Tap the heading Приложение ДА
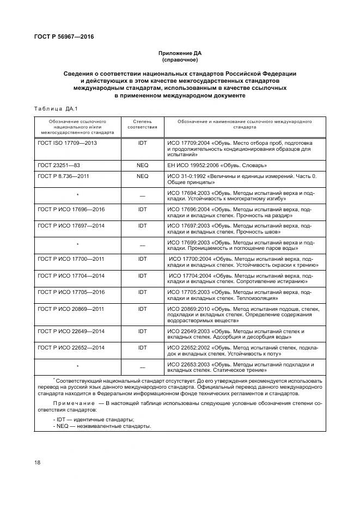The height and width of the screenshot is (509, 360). [x=180, y=53]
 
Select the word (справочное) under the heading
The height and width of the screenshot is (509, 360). [x=180, y=60]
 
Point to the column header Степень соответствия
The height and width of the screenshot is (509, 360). [x=142, y=124]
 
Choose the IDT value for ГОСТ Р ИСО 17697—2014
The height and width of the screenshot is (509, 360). [x=142, y=225]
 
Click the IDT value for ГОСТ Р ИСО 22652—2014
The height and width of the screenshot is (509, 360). [x=142, y=347]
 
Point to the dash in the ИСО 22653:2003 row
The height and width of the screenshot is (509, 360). [x=142, y=366]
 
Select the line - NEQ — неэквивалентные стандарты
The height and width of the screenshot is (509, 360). [x=102, y=426]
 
